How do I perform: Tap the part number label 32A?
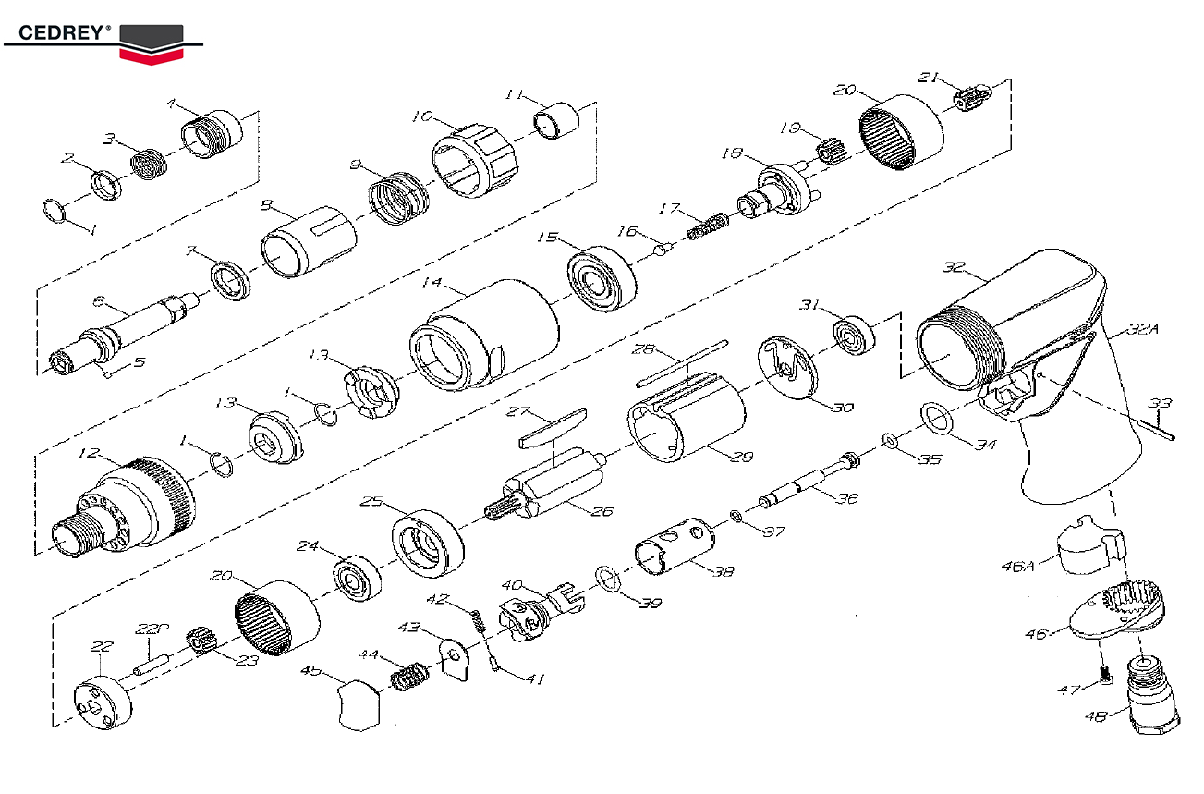(1142, 328)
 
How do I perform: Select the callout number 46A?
(1017, 566)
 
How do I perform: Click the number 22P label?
(152, 629)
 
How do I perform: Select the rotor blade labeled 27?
(553, 428)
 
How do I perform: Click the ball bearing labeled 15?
(602, 279)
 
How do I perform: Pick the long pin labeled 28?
(682, 363)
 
